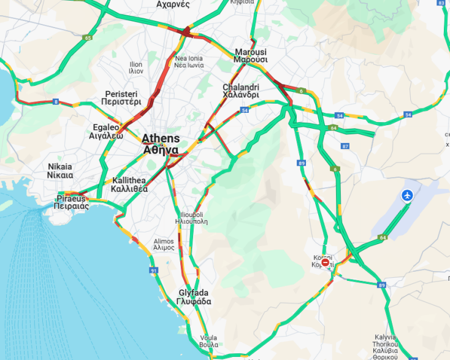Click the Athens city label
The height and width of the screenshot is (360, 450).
coord(161,144)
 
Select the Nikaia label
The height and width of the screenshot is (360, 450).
coord(60,170)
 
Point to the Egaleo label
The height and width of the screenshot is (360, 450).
coord(107,131)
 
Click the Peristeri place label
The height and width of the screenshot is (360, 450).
coord(123,98)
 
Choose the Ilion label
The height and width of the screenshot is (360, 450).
coord(136,67)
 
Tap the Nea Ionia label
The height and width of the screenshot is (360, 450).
coord(189,61)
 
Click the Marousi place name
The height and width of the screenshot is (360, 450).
coord(251,56)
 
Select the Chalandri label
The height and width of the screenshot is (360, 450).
coord(240,91)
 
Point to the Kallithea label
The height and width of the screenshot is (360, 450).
coord(130,185)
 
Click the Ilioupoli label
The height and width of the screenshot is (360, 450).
coord(189,218)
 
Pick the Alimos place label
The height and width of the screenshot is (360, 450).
coord(164,244)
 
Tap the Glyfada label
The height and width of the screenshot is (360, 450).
coord(194,297)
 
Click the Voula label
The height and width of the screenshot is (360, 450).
coord(208,341)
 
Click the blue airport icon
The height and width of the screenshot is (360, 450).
coord(407,196)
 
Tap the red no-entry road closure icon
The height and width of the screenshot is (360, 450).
coord(326,263)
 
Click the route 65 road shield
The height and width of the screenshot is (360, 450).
coord(88,38)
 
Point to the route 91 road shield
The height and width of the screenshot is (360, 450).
coord(153,270)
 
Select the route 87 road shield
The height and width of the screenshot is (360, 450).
coord(346,146)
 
